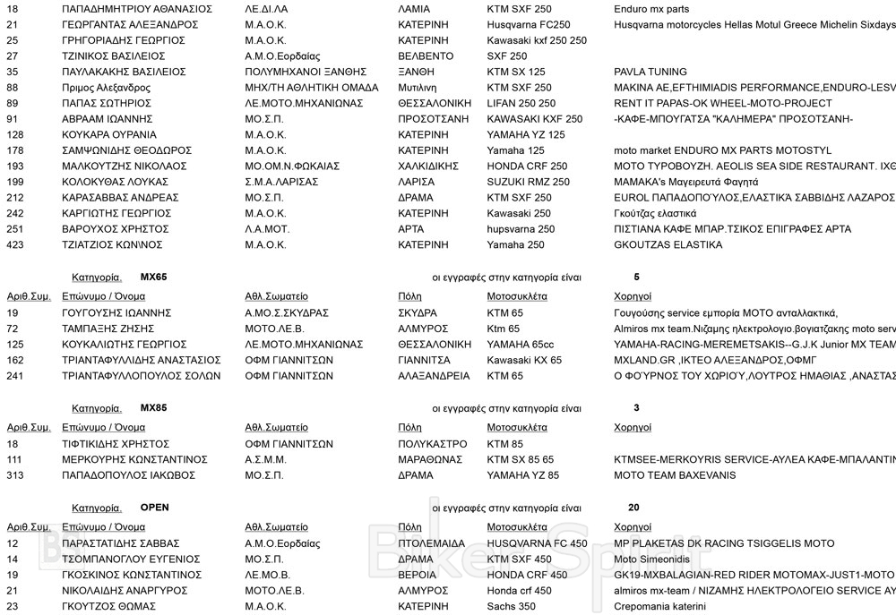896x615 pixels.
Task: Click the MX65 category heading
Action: pos(153,278)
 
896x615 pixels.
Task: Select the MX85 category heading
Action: pos(153,408)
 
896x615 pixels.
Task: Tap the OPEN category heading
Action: pos(154,508)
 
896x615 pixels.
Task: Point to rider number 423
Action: pos(16,245)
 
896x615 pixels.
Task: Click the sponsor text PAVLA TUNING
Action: pos(650,72)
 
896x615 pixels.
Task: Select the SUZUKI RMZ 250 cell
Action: pos(528,183)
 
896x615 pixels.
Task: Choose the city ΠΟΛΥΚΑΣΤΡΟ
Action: pos(432,443)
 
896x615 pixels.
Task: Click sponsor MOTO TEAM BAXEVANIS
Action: pos(675,475)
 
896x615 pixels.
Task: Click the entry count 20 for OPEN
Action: pos(633,508)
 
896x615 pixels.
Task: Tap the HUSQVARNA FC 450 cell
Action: pos(538,543)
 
